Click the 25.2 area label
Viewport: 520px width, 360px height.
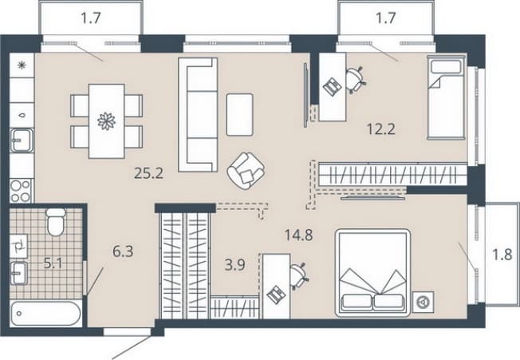(148, 173)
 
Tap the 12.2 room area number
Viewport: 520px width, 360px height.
(381, 129)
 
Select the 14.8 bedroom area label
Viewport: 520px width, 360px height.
(298, 235)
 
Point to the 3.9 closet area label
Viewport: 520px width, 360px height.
(234, 265)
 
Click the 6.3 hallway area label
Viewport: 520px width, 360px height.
(123, 251)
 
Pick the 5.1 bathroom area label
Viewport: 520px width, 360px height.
(53, 263)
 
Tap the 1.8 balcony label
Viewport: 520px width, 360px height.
(502, 255)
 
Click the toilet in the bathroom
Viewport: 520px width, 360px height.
(56, 222)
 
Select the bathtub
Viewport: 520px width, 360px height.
(45, 314)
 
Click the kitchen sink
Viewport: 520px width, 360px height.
(22, 140)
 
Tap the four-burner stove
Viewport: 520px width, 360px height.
(21, 191)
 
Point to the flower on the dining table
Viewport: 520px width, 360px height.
(106, 121)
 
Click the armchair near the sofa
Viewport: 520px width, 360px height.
(246, 171)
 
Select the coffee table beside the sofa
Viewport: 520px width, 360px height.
(240, 114)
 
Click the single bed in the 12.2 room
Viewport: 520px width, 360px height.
(447, 97)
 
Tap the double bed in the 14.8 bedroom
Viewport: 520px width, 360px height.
(373, 273)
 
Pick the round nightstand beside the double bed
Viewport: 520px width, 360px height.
(423, 303)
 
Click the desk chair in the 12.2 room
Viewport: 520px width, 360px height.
(357, 80)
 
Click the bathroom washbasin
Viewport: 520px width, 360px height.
(19, 273)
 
